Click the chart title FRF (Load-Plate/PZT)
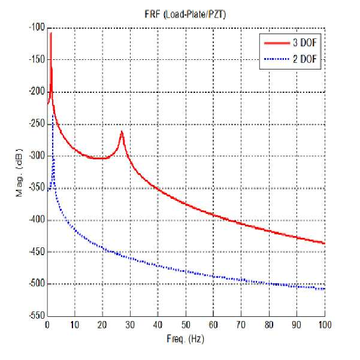[185, 14]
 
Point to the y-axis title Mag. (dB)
[20, 172]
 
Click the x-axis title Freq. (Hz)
[185, 339]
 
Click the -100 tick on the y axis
[37, 28]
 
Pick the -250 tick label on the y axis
[37, 123]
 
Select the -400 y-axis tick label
[37, 220]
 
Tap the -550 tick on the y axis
[37, 316]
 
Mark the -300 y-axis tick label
[37, 155]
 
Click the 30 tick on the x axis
[130, 325]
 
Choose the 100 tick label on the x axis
[324, 325]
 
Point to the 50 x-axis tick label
[186, 325]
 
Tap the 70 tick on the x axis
[241, 325]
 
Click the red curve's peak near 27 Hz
[122, 131]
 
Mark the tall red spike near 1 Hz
[51, 32]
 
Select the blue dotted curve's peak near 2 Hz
[53, 114]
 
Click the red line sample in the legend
[277, 43]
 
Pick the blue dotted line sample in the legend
[277, 59]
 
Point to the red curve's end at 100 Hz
[325, 243]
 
